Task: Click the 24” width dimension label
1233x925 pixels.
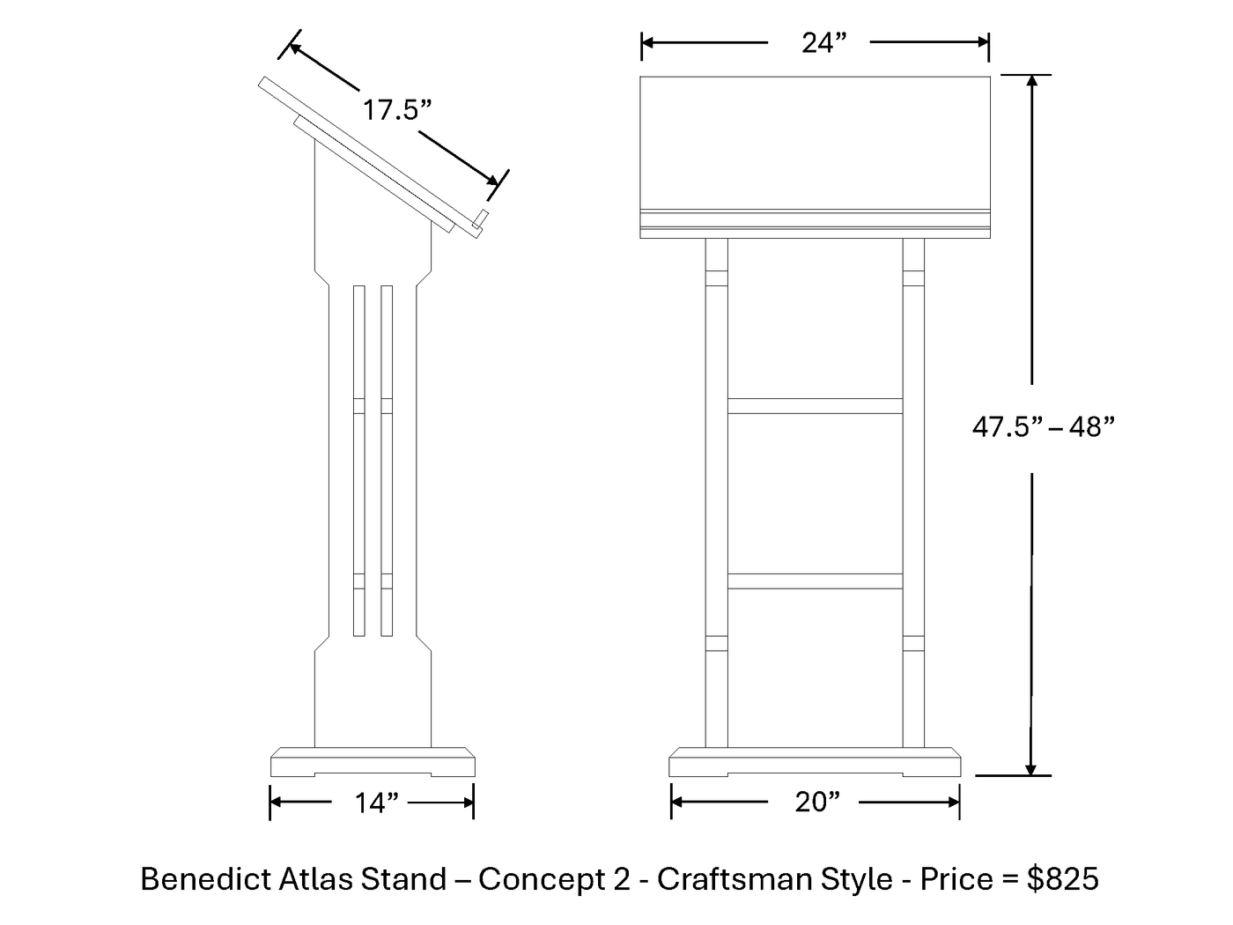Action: click(x=823, y=43)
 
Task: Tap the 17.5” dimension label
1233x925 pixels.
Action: click(x=397, y=109)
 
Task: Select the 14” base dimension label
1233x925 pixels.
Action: click(x=376, y=803)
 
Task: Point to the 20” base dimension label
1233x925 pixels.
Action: click(x=817, y=802)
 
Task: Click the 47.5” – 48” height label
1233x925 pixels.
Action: click(x=1043, y=427)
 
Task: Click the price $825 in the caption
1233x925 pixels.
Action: click(x=1062, y=879)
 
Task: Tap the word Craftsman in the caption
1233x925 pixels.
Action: click(x=735, y=879)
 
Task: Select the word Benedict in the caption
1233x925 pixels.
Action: click(x=206, y=879)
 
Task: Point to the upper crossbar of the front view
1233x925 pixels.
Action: click(x=815, y=406)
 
